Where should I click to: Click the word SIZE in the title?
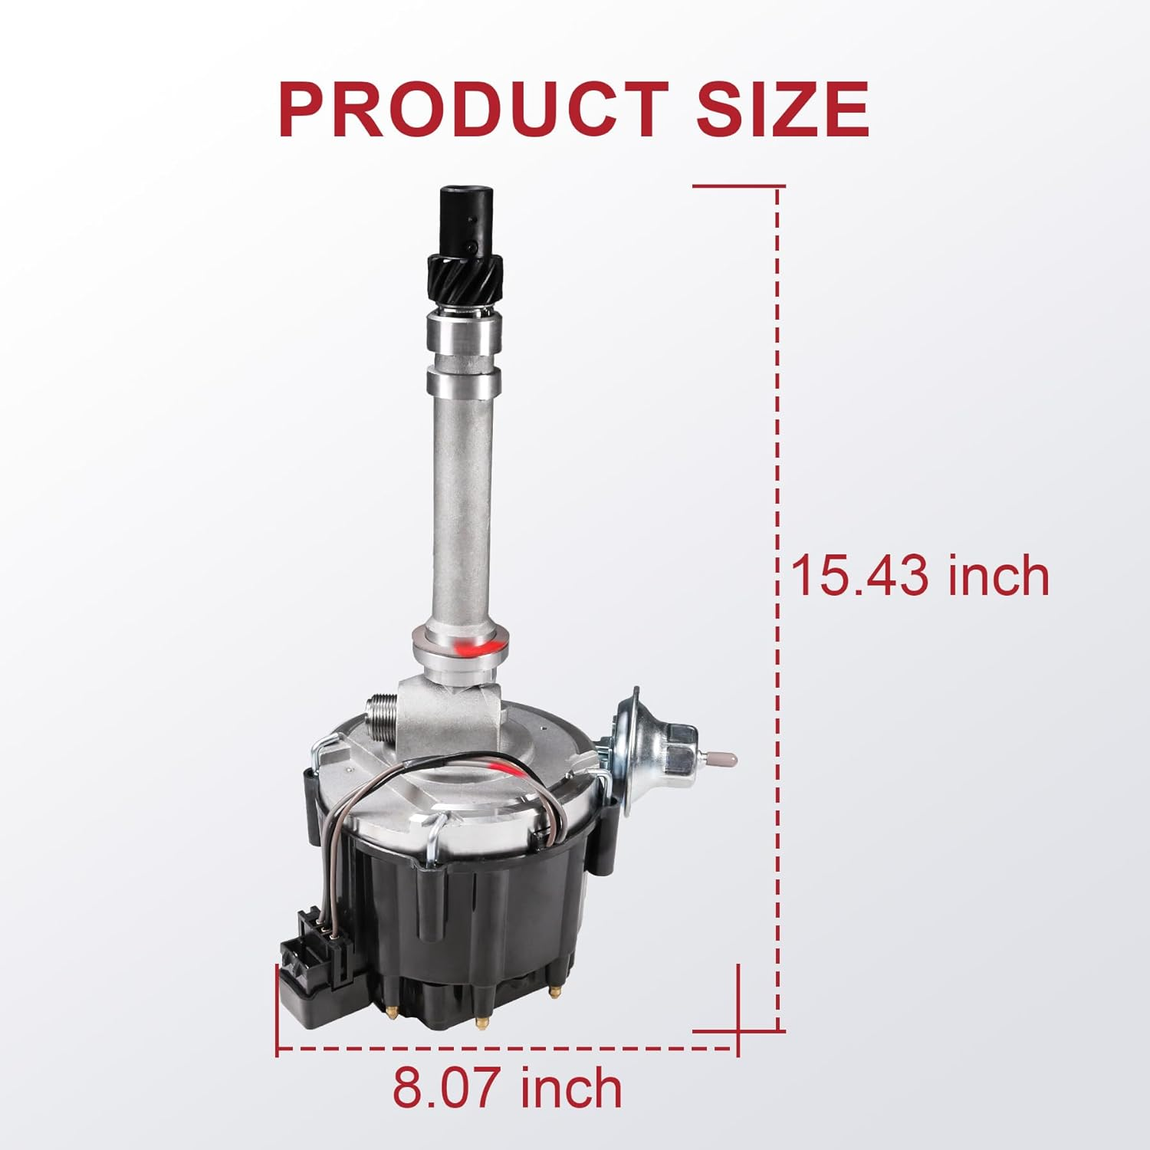pos(783,110)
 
